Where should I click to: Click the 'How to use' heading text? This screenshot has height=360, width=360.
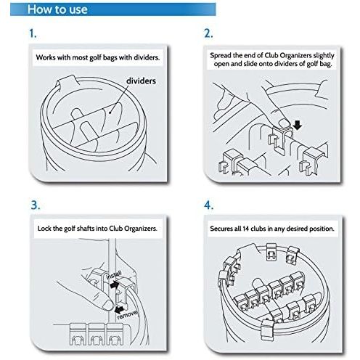(x=57, y=9)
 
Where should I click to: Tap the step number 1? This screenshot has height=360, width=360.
(x=33, y=33)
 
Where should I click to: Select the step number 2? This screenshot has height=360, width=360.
(x=208, y=33)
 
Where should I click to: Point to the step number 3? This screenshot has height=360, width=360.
(x=36, y=205)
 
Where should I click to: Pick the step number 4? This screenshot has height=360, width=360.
(x=208, y=205)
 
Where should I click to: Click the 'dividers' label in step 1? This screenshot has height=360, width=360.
(x=141, y=81)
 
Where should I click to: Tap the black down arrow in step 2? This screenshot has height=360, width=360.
(x=298, y=125)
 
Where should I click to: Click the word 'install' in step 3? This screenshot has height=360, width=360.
(x=114, y=275)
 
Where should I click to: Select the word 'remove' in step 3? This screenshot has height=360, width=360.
(x=127, y=314)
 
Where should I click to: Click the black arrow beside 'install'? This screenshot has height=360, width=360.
(x=115, y=285)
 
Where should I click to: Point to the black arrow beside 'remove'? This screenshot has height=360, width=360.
(x=120, y=308)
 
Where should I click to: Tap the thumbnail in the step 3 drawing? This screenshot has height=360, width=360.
(x=108, y=305)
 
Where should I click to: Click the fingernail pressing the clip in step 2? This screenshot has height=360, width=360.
(x=285, y=123)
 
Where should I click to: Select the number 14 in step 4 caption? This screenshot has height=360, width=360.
(x=245, y=229)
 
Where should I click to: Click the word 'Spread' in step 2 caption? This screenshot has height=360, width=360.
(x=221, y=56)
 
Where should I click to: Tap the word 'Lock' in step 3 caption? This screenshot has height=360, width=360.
(x=44, y=229)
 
